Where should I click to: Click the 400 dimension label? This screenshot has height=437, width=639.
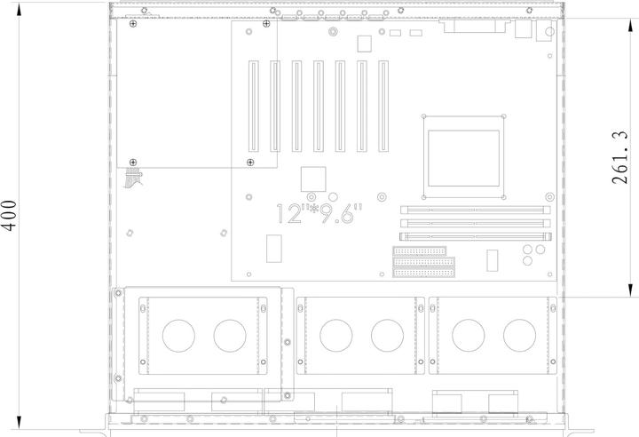[x=9, y=216]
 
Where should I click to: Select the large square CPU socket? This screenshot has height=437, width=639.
[x=464, y=156]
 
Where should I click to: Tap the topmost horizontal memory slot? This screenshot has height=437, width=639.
[x=475, y=211]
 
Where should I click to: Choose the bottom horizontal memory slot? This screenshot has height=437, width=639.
[x=475, y=236]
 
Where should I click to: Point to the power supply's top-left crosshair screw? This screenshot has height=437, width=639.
[x=133, y=24]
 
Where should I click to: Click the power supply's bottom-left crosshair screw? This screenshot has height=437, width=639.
[x=133, y=162]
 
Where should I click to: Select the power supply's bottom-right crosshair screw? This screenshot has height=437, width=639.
[x=251, y=162]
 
